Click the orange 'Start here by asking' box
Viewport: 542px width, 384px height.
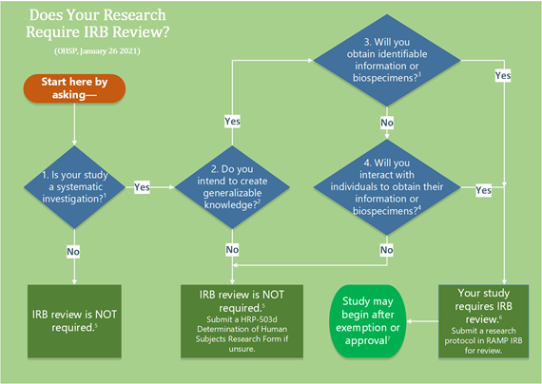(74, 88)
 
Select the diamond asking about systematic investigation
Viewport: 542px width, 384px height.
(74, 187)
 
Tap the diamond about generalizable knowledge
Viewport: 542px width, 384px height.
(232, 187)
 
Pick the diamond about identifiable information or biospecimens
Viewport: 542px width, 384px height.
(387, 60)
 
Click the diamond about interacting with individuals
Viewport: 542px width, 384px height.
(387, 187)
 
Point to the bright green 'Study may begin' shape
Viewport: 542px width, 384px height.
(368, 321)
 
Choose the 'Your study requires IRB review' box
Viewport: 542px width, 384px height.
(483, 321)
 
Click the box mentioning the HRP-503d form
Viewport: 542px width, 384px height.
(242, 321)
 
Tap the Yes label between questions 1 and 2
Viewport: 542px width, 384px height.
(142, 187)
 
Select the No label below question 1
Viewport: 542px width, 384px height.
(73, 251)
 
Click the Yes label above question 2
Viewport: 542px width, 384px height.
(232, 122)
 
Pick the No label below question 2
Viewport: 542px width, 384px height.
(232, 249)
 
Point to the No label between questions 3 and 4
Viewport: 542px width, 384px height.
(387, 123)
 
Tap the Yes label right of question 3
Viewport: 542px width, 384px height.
(503, 76)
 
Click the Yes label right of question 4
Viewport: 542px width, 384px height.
(483, 190)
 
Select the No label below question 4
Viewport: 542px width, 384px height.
(386, 250)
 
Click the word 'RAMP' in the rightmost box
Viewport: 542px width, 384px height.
(495, 341)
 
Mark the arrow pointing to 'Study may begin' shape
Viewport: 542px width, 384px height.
(422, 321)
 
